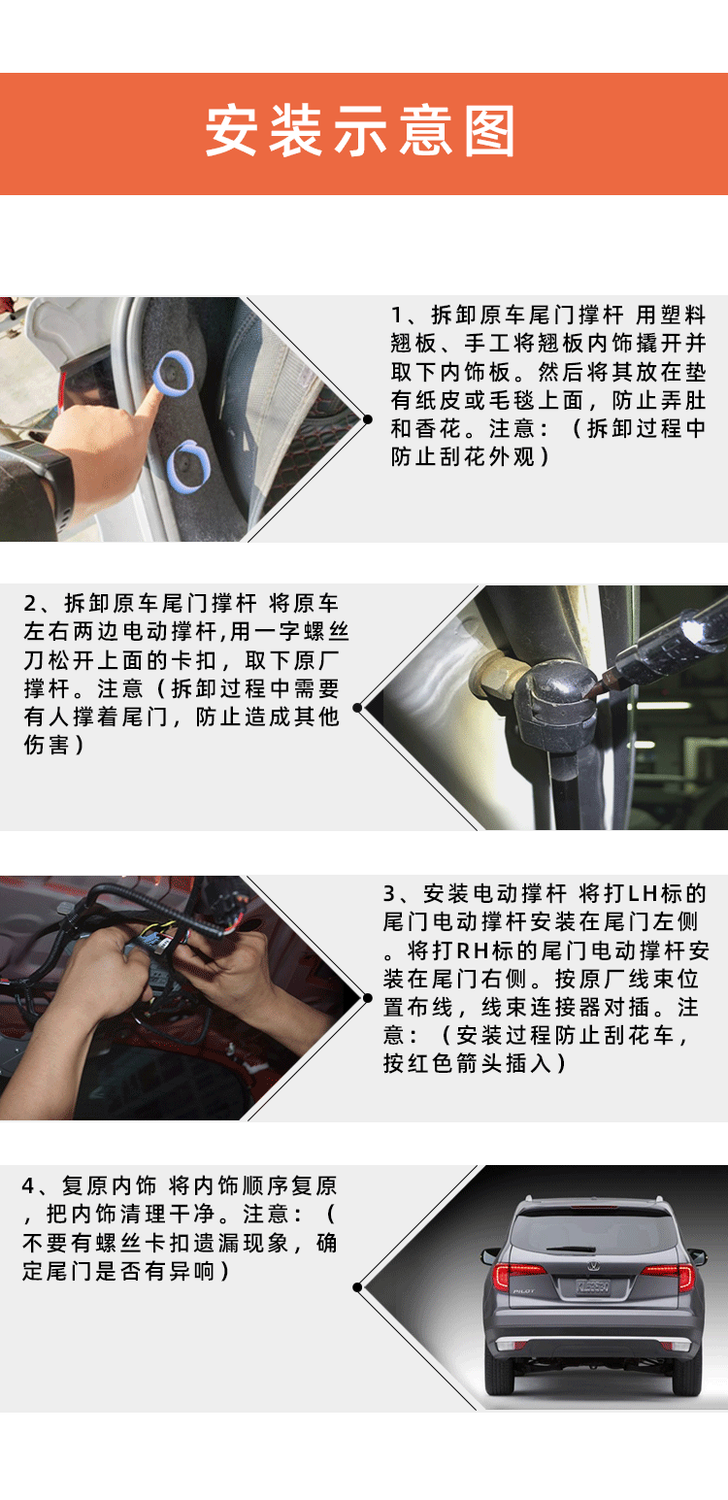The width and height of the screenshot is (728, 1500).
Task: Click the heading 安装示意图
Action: tap(360, 133)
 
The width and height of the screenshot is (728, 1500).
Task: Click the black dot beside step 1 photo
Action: tap(367, 419)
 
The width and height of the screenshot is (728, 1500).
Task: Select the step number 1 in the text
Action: tap(396, 315)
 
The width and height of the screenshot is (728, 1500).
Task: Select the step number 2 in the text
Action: tap(29, 603)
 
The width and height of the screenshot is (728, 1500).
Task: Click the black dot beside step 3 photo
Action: tap(366, 996)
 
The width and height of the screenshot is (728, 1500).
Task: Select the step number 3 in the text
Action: tap(389, 893)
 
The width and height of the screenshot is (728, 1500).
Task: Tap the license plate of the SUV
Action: tap(592, 1286)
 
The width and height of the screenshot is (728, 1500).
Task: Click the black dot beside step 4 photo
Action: tap(357, 1287)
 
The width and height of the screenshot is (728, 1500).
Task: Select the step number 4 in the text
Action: tap(29, 1186)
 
